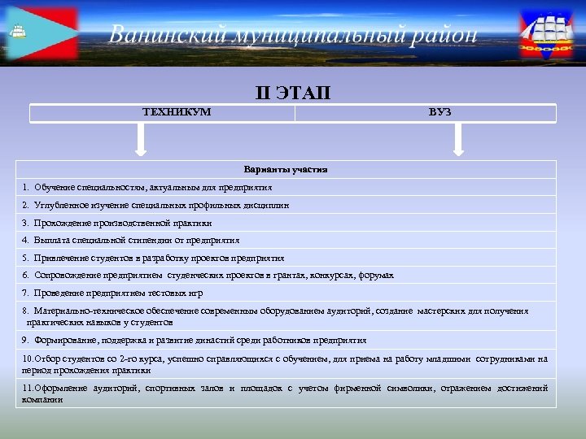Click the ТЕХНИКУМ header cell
coord(177,111)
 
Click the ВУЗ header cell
coord(439,111)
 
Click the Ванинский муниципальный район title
coord(293,35)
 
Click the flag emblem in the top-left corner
coord(41,34)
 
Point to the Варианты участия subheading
coord(286,170)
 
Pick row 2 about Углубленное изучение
coord(155,205)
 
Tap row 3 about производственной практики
coord(117,223)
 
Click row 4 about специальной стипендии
coord(131,241)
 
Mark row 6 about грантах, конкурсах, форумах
coord(208,276)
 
